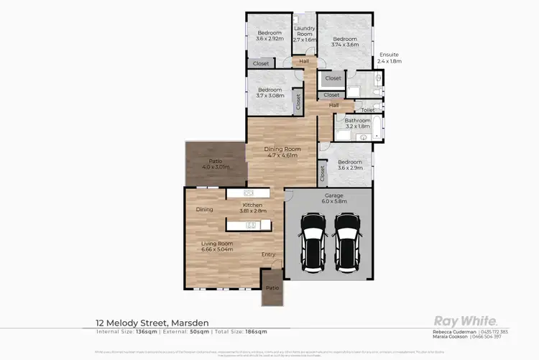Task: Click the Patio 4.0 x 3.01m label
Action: pyautogui.click(x=215, y=164)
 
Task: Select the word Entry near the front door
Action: pyautogui.click(x=268, y=254)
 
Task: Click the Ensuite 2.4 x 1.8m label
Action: pyautogui.click(x=390, y=58)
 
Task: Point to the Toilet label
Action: pyautogui.click(x=367, y=110)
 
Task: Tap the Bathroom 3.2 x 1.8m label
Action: pyautogui.click(x=357, y=123)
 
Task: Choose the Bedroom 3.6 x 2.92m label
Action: pyautogui.click(x=269, y=36)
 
